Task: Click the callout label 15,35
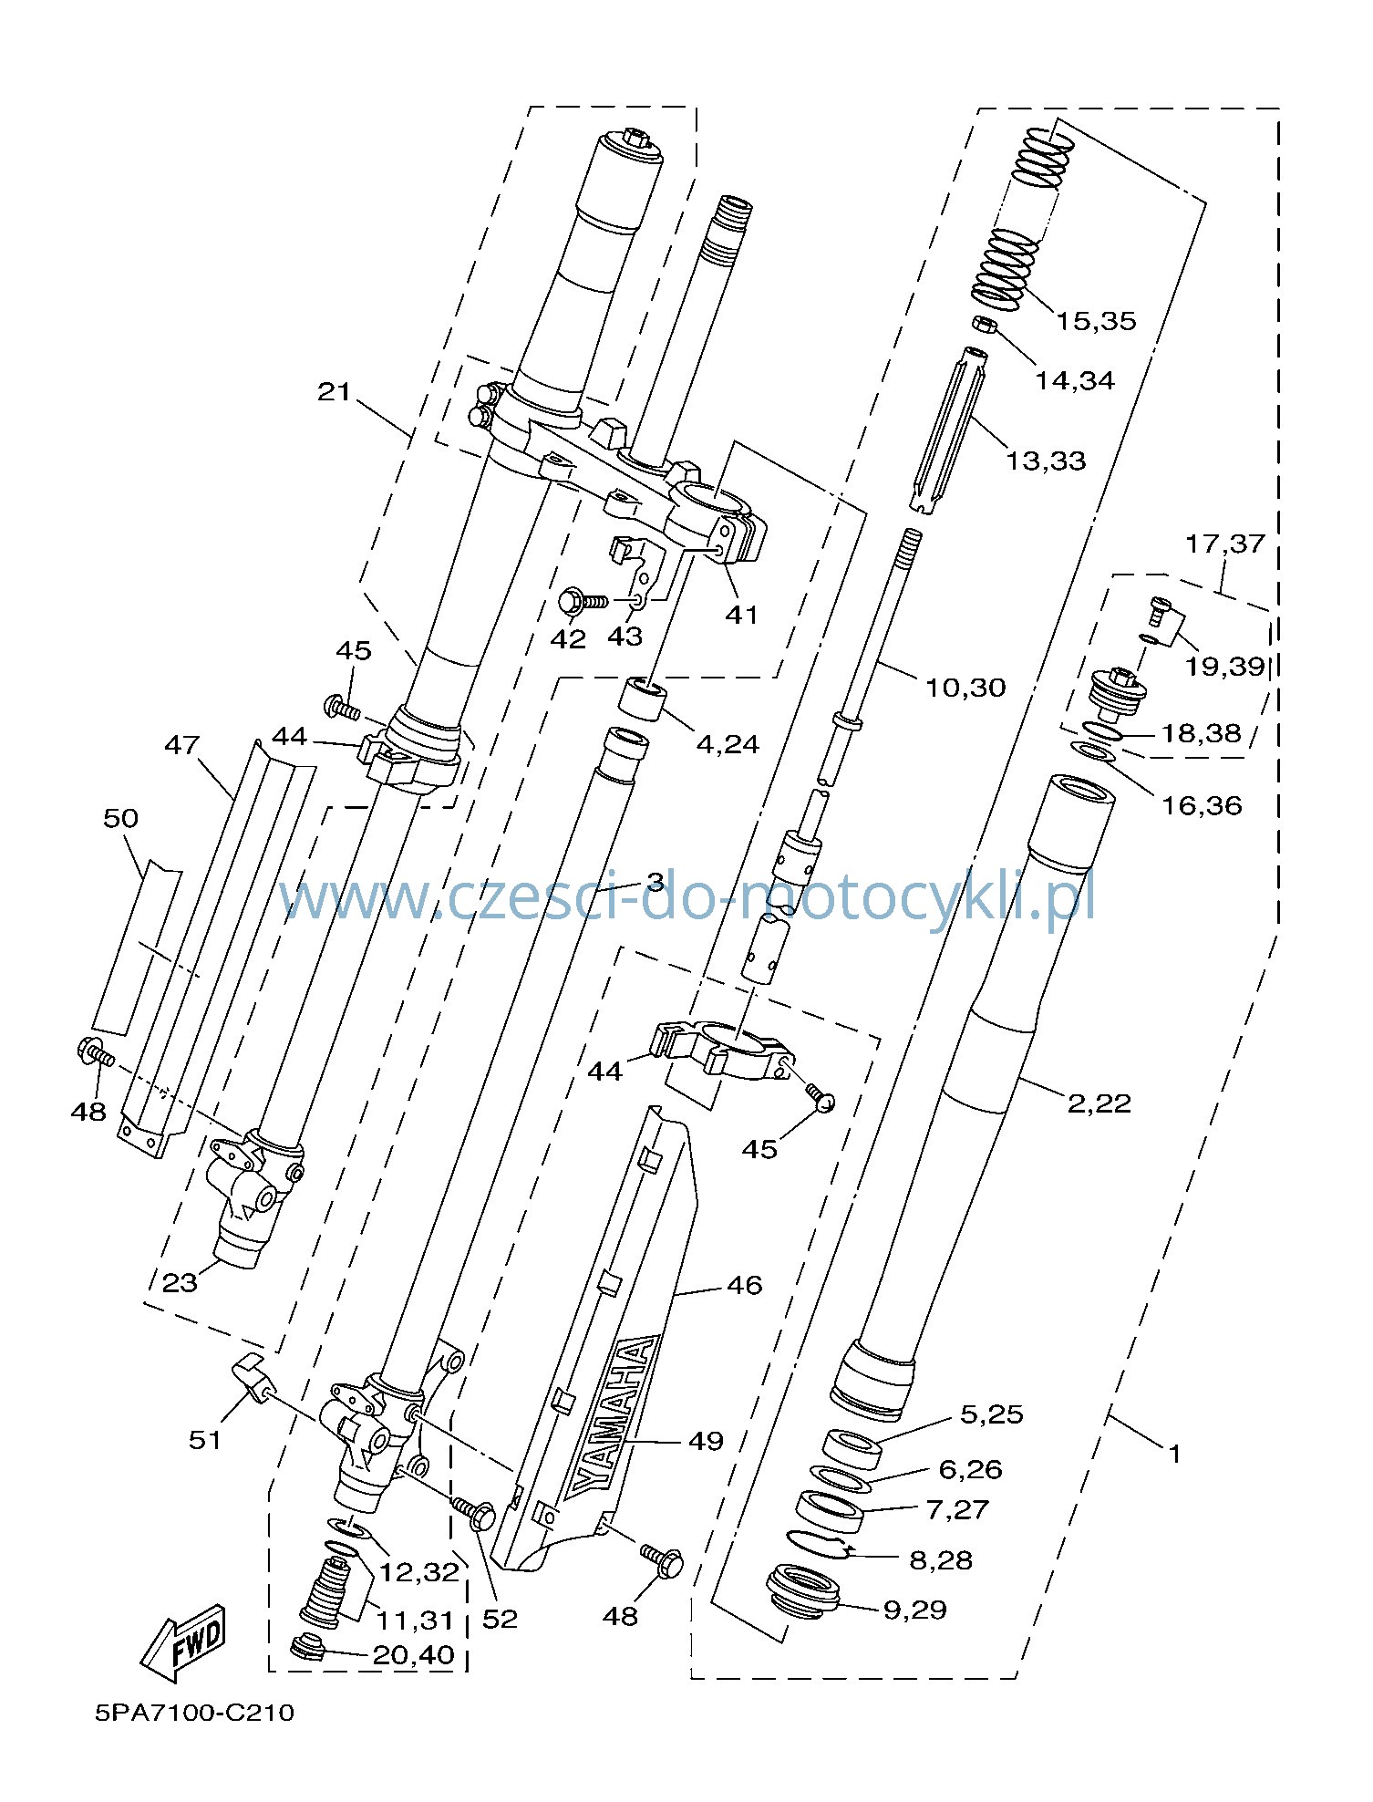click(1096, 321)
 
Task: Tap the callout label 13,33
click(1046, 461)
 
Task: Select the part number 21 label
click(335, 392)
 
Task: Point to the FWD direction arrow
click(182, 1643)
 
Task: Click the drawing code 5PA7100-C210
click(195, 1738)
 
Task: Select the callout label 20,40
click(413, 1654)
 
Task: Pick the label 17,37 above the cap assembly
click(1225, 544)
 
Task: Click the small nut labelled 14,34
click(982, 326)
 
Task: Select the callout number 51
click(205, 1440)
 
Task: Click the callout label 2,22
click(1099, 1103)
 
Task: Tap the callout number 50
click(120, 818)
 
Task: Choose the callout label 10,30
click(965, 688)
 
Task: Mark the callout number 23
click(180, 1283)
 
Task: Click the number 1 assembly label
click(1174, 1454)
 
